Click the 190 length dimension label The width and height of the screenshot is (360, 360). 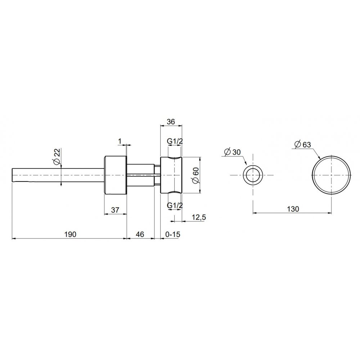coord(71,234)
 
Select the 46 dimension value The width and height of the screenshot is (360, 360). coord(140,234)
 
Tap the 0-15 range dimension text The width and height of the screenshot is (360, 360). coord(173,234)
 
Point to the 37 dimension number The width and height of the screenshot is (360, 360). coord(115,210)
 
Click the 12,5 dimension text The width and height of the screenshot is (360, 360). coord(199,217)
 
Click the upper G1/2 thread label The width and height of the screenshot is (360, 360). coord(175,141)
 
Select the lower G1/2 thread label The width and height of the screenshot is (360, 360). coord(175,205)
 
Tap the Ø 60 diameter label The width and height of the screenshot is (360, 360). coord(196,175)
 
